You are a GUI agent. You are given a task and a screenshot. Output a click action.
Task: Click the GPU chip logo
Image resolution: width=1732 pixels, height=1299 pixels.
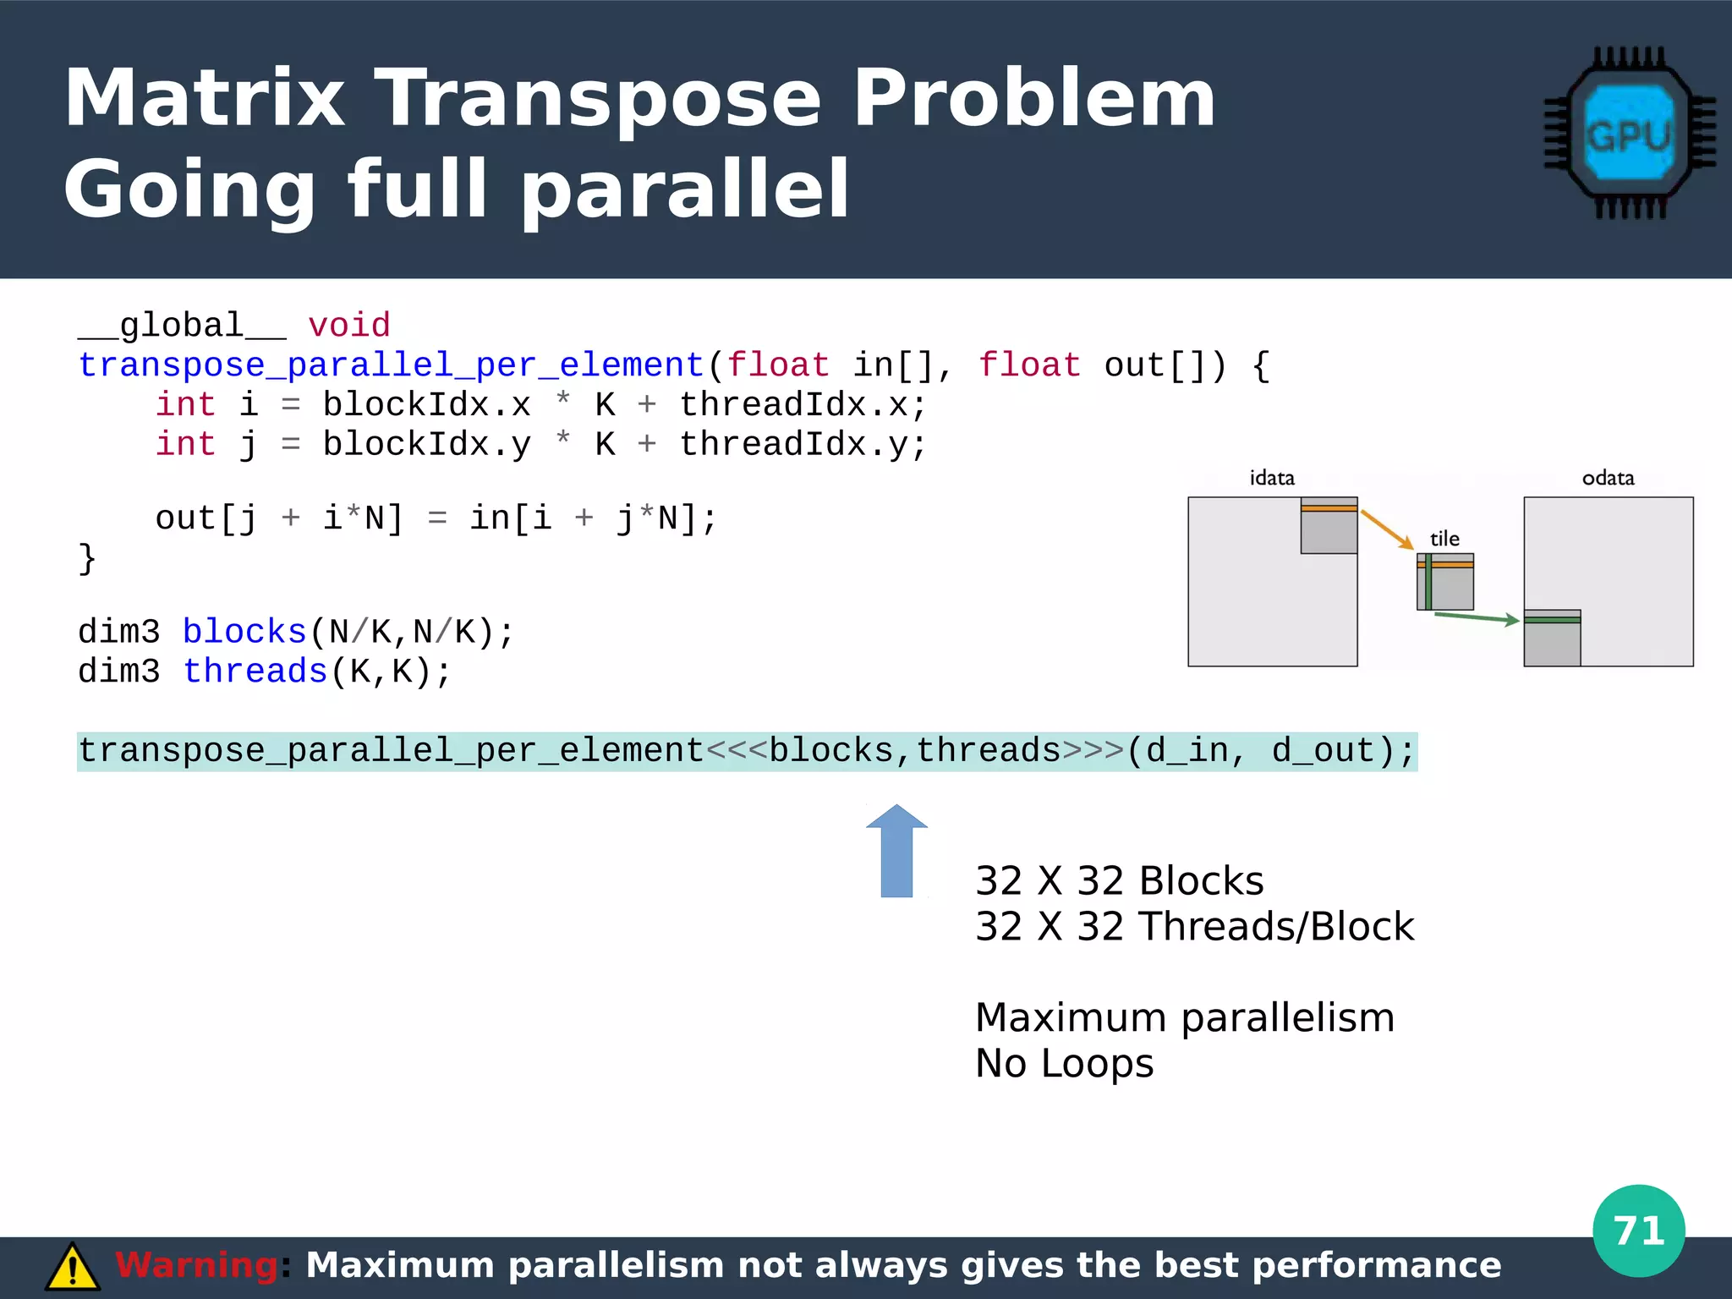tap(1629, 134)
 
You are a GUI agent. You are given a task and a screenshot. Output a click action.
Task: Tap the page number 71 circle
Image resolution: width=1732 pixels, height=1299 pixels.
tap(1638, 1230)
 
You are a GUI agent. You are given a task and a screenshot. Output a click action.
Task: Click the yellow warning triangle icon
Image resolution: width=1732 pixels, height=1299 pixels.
tap(73, 1267)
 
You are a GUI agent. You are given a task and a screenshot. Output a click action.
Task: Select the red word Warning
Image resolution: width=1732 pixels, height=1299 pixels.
tap(196, 1265)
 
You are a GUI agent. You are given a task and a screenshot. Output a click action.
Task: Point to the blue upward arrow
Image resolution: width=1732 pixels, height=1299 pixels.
tap(896, 851)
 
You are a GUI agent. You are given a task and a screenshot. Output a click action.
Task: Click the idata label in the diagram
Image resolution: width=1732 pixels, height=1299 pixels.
tap(1272, 478)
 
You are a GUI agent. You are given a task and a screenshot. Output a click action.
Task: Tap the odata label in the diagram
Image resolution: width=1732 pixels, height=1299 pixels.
tap(1608, 478)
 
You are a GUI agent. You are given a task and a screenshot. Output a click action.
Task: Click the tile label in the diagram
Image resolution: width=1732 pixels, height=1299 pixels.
tap(1444, 539)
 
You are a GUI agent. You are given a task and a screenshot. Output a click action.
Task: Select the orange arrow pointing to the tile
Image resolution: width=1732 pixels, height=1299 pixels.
tap(1387, 529)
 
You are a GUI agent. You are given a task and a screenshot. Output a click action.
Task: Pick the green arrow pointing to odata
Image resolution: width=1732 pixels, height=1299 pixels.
tap(1476, 618)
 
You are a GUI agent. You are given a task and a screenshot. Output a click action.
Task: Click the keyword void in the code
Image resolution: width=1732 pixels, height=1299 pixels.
tap(348, 326)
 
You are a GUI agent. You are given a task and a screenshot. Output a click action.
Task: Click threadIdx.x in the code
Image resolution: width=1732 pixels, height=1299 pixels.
tap(802, 405)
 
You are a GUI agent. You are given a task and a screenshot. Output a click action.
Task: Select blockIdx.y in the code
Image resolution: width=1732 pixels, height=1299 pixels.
tap(426, 444)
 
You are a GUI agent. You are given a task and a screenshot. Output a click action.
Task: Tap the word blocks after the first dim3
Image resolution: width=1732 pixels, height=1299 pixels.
tap(244, 632)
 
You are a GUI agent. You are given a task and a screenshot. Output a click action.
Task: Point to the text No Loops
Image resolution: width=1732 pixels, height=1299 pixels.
tap(1064, 1063)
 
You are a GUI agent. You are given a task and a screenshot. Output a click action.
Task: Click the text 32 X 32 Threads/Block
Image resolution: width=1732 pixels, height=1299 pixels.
tap(1193, 926)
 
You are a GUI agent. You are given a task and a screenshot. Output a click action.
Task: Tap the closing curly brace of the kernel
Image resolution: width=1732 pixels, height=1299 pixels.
tap(87, 558)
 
